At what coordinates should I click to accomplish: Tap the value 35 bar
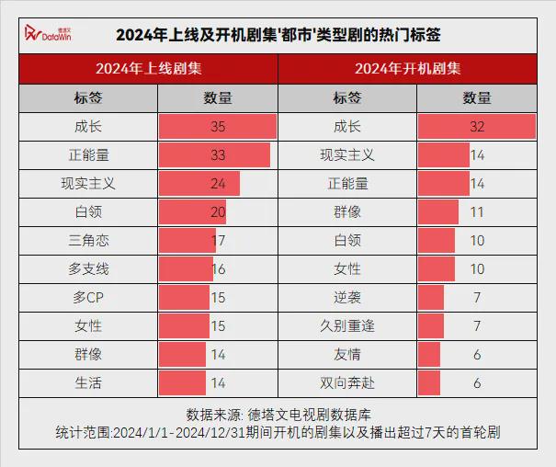[x=218, y=127]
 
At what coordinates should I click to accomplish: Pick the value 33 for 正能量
[x=218, y=155]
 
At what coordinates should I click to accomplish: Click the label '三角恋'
[x=88, y=241]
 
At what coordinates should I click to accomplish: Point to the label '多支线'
[x=88, y=269]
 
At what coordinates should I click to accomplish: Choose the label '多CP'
[x=88, y=298]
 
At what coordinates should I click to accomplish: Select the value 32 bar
[x=477, y=127]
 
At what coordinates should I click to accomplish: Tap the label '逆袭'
[x=347, y=298]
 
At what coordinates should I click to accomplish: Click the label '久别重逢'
[x=347, y=326]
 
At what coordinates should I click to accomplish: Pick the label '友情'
[x=347, y=355]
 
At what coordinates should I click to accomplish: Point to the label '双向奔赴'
[x=347, y=383]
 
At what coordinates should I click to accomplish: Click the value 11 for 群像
[x=477, y=212]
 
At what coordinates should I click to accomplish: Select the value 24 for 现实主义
[x=218, y=184]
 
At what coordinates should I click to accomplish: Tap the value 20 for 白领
[x=218, y=212]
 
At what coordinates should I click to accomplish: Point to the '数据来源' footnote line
[x=278, y=413]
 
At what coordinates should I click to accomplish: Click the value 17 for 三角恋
[x=218, y=241]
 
